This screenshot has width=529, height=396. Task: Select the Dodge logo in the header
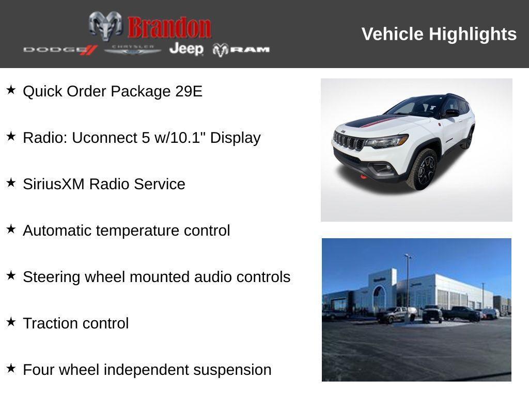click(60, 49)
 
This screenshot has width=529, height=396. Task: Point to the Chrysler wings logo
click(133, 49)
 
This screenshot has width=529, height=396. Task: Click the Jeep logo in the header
click(186, 49)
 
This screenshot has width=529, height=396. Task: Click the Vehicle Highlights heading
click(439, 34)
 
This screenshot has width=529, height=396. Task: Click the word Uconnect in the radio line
click(104, 138)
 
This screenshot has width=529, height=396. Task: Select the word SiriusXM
click(54, 184)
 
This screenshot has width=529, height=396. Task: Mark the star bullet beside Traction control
click(11, 322)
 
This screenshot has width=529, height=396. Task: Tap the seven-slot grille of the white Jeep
click(349, 141)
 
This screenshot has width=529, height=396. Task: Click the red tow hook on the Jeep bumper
click(364, 177)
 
